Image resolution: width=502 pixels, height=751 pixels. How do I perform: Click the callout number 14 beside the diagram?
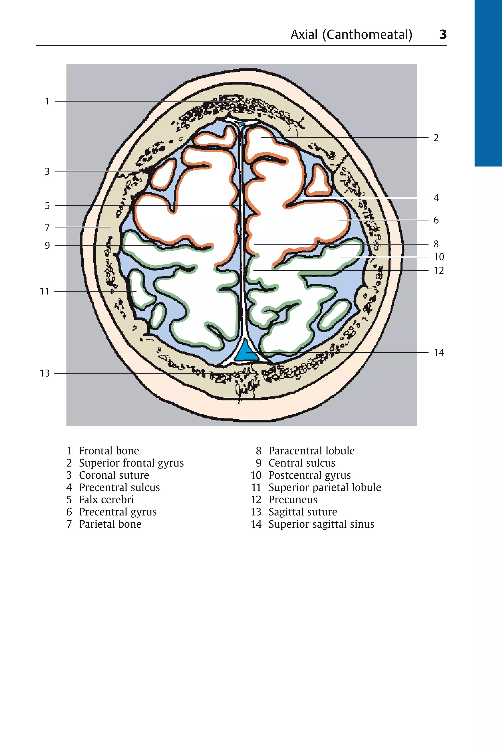439,353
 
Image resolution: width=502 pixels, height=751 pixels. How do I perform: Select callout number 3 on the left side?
47,171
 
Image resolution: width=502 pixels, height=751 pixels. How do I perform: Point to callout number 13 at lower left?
45,373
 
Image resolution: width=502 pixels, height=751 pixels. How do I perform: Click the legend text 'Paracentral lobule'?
311,451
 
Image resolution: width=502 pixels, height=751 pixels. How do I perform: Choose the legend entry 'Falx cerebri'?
106,500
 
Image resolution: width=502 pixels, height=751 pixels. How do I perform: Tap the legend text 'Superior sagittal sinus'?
321,524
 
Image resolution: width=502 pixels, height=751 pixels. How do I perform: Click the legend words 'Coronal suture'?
114,475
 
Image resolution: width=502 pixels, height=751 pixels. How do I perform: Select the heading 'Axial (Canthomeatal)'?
351,34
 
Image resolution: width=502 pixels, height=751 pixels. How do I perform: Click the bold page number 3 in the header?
443,34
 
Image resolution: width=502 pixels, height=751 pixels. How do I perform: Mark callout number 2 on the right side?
436,138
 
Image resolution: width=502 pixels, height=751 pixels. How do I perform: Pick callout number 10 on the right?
439,257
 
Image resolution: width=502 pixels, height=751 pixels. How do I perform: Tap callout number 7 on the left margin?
47,227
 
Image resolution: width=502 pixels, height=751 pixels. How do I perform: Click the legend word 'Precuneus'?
293,500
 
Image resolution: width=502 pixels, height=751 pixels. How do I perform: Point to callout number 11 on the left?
45,292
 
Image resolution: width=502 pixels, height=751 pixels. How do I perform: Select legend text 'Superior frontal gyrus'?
131,463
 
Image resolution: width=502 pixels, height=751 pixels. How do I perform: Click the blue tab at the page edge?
488,83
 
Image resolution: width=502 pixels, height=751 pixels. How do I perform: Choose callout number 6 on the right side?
436,220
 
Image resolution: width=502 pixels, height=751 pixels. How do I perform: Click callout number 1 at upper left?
47,101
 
